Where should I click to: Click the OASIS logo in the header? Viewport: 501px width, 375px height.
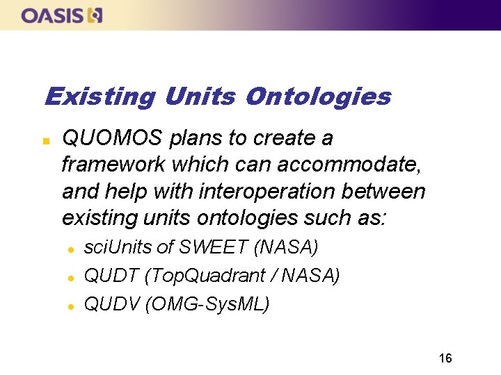(x=62, y=15)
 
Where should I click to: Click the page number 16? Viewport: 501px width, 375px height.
(x=445, y=358)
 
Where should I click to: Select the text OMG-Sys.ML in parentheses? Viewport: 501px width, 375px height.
(x=208, y=304)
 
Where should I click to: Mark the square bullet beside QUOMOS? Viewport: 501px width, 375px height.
(x=46, y=140)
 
